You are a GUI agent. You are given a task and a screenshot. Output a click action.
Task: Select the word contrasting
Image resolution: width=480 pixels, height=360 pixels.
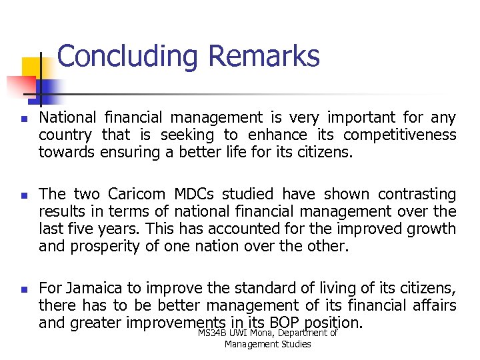[x=417, y=194]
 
